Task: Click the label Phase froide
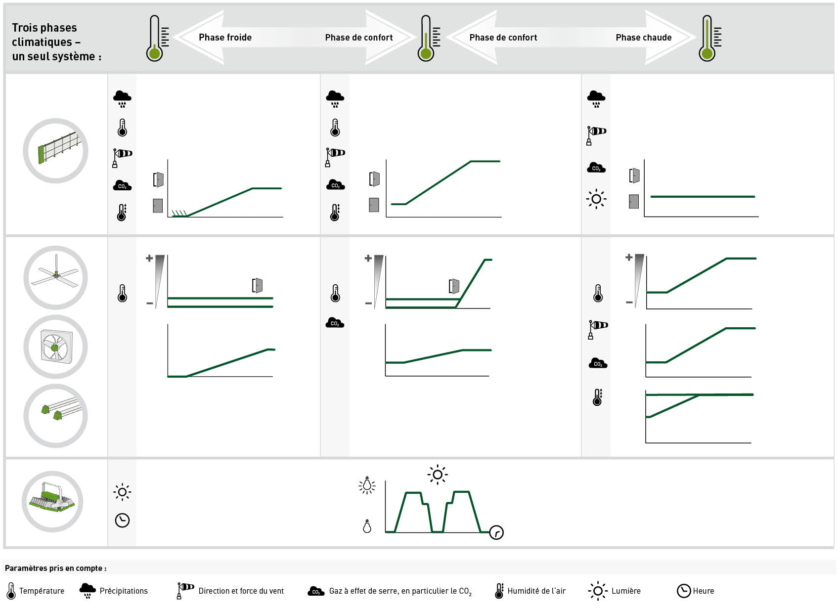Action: tap(225, 38)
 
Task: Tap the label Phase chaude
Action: tap(644, 38)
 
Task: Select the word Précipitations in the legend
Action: tap(124, 591)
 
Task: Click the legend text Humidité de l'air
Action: tap(536, 591)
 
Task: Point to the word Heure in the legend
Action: tap(704, 591)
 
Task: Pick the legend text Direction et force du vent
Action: tap(241, 591)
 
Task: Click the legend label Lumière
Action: tap(626, 591)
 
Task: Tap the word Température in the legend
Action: tap(42, 591)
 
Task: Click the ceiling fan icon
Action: tap(55, 277)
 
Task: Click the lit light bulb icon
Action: tap(367, 485)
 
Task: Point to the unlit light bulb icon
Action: tap(367, 526)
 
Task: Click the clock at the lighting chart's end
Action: tap(496, 532)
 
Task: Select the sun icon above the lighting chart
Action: tap(438, 475)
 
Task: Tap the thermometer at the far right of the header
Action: tap(709, 38)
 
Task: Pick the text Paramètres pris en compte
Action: tap(56, 568)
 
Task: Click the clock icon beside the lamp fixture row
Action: tap(122, 520)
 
